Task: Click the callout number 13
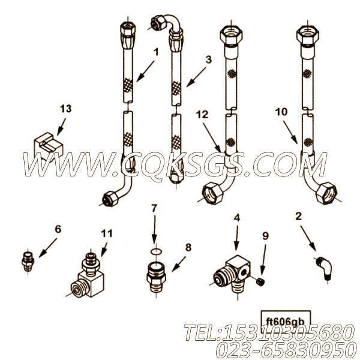point(66,109)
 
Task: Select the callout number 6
point(58,229)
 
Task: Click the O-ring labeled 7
point(156,252)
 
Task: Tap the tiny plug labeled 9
point(259,281)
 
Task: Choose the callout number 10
point(281,112)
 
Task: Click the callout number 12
point(202,115)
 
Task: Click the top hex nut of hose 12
point(231,35)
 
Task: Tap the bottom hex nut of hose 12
point(212,193)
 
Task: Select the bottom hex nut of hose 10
point(326,193)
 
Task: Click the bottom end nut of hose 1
point(110,199)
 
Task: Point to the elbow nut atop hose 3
point(158,22)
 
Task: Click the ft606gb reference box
point(286,320)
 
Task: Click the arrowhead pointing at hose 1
point(140,77)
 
